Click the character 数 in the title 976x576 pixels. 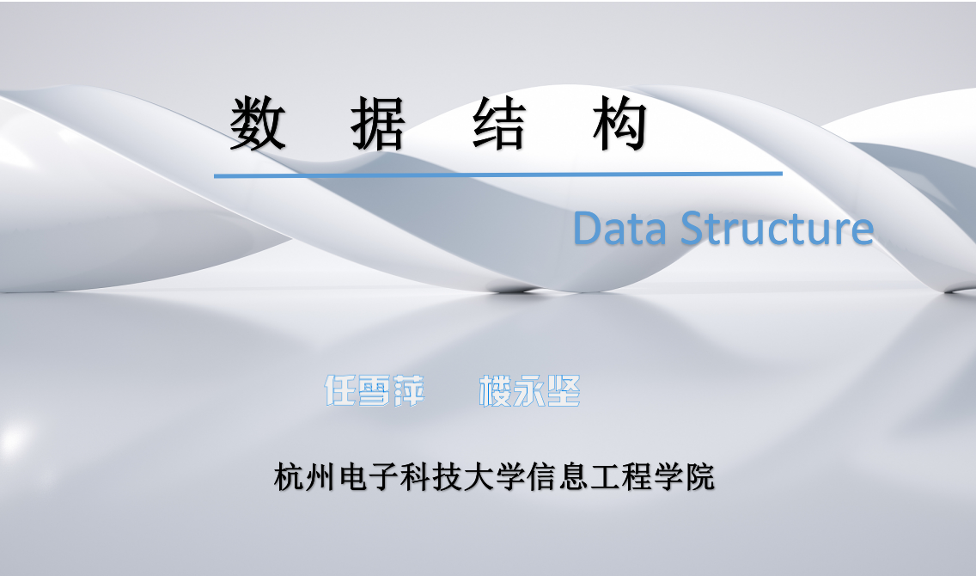[x=258, y=124]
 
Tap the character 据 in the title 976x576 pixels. [x=378, y=124]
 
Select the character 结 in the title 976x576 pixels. [x=499, y=124]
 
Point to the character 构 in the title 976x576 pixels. [x=620, y=124]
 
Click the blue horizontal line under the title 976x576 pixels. [x=498, y=175]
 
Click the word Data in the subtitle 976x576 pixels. [x=619, y=229]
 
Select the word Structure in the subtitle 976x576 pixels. [x=778, y=229]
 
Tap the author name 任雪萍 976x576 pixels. [x=375, y=391]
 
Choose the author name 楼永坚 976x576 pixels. [x=530, y=391]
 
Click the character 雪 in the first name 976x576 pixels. [x=375, y=391]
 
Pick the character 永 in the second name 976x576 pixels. [x=530, y=391]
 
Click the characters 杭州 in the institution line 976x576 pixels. [x=305, y=477]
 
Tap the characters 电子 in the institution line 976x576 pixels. [x=369, y=477]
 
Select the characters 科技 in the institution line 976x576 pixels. [x=431, y=477]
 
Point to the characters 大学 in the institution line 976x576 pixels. [x=494, y=477]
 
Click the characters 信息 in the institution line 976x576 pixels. [x=557, y=477]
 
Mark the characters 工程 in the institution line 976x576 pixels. [x=620, y=477]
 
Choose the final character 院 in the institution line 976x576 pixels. [x=699, y=477]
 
